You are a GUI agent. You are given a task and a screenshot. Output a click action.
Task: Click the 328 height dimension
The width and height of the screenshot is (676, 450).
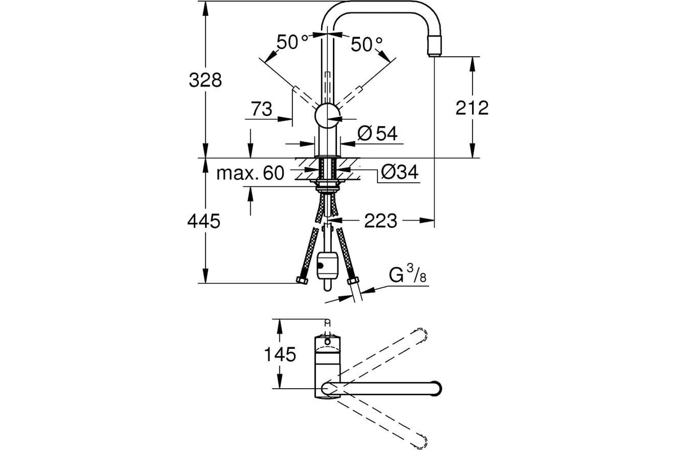205,80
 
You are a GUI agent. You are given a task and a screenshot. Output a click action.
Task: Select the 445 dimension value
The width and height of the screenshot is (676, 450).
204,221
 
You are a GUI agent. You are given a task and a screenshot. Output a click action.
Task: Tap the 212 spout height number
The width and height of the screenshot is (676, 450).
472,108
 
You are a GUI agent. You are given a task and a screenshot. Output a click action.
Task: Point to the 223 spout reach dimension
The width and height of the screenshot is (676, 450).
381,221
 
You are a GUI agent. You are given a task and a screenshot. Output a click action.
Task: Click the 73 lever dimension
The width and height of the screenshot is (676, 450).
261,109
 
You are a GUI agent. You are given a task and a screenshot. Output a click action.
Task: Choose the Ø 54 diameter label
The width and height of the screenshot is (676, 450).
377,133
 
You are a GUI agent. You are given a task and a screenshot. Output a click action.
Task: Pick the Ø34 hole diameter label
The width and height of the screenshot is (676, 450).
399,172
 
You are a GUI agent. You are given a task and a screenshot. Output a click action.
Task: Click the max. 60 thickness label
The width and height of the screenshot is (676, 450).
250,173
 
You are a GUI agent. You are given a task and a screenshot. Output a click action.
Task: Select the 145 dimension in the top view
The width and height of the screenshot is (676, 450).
280,354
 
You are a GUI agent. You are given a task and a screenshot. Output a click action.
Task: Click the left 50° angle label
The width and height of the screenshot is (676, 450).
292,42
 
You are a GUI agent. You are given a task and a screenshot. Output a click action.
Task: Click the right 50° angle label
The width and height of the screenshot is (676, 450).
366,44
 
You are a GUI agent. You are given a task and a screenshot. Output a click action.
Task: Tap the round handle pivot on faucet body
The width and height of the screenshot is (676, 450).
327,115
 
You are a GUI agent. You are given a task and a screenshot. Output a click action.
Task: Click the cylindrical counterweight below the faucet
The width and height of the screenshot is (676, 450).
327,265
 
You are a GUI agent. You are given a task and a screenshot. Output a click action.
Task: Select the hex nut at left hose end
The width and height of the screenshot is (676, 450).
302,280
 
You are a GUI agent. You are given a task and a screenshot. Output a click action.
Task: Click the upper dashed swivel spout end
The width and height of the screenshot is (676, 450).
420,334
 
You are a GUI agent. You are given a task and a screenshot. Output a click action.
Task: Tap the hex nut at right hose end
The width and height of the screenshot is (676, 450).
353,281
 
